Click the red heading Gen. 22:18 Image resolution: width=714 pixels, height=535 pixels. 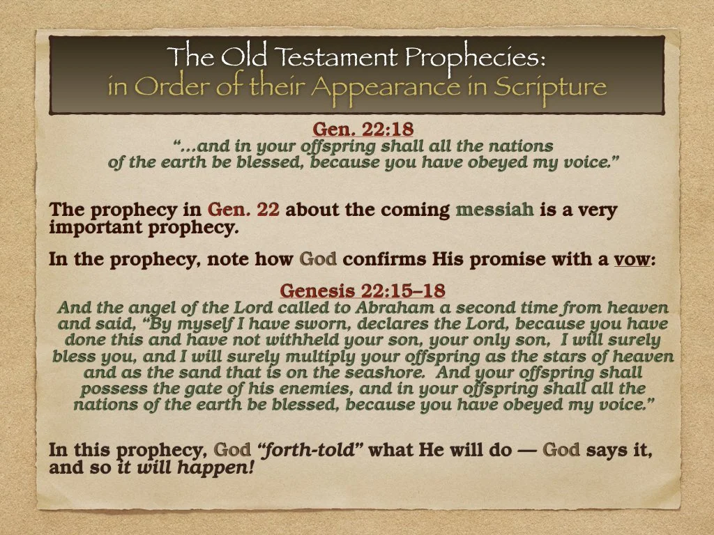click(x=358, y=130)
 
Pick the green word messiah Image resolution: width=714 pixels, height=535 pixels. click(x=494, y=210)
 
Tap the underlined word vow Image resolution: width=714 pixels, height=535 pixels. click(x=631, y=260)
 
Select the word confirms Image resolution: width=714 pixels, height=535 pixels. click(x=381, y=260)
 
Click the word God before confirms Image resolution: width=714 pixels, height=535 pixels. click(x=318, y=260)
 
